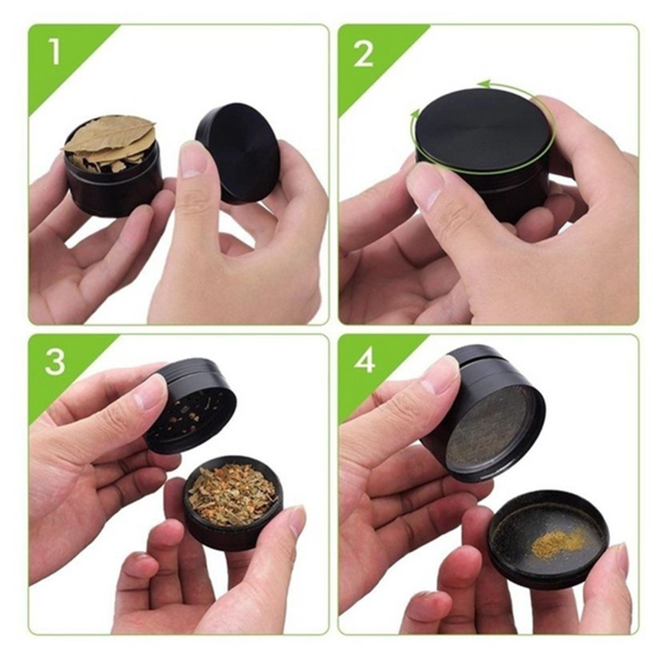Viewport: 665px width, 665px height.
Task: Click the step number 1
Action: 55,51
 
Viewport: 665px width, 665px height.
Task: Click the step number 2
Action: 364,53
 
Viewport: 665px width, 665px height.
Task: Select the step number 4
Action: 365,361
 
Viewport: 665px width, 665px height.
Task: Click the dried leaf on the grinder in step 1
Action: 109,135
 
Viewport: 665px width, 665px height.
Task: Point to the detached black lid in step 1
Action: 237,151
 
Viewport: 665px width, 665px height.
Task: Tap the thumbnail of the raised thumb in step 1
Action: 193,160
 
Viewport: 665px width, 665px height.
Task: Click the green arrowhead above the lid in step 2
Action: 484,84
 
